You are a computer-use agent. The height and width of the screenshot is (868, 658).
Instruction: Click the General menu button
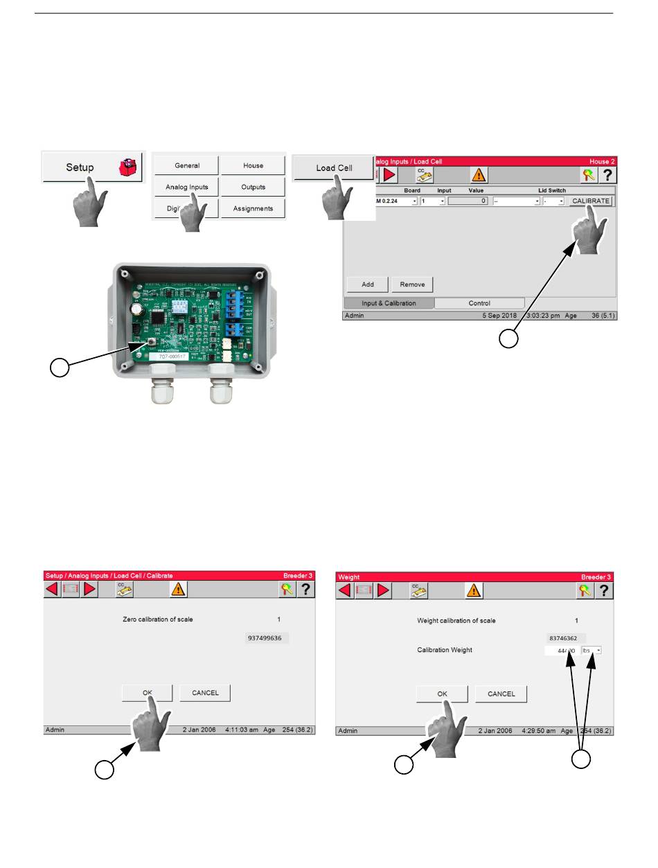click(186, 165)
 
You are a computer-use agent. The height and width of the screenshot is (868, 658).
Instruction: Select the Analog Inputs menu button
click(186, 187)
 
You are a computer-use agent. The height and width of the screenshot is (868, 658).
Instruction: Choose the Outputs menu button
click(253, 187)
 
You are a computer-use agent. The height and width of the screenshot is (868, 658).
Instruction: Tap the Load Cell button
click(334, 168)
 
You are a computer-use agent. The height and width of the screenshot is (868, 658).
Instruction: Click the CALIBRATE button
click(591, 201)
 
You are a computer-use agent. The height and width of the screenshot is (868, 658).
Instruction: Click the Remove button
click(412, 284)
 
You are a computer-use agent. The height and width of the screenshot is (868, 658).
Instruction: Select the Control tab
click(479, 303)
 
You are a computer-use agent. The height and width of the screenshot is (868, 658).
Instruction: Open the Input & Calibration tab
click(389, 303)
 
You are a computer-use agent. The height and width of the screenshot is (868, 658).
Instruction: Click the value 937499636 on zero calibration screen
click(267, 639)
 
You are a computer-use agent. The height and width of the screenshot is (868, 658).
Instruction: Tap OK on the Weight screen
click(442, 694)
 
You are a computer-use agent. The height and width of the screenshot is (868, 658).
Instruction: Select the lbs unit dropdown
click(592, 651)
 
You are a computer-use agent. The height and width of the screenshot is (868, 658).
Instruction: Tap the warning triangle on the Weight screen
click(474, 590)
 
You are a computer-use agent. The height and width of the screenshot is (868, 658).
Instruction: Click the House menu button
click(253, 165)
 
